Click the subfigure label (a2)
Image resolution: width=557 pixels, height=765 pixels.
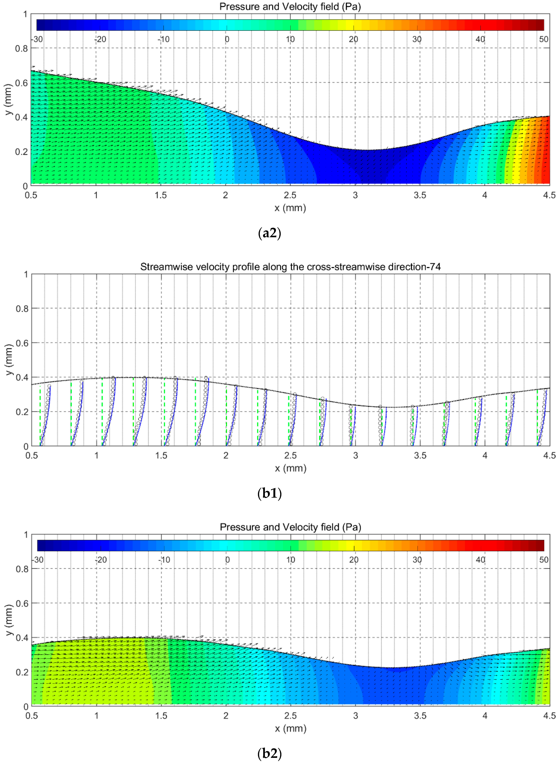tap(269, 233)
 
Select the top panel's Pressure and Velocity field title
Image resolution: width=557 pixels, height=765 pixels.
tap(290, 7)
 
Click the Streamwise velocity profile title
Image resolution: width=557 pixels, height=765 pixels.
tap(290, 267)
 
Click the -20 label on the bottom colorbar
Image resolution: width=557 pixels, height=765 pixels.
tap(100, 560)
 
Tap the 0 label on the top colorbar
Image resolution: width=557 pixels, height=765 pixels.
tap(227, 39)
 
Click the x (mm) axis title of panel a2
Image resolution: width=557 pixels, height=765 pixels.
tap(290, 208)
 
